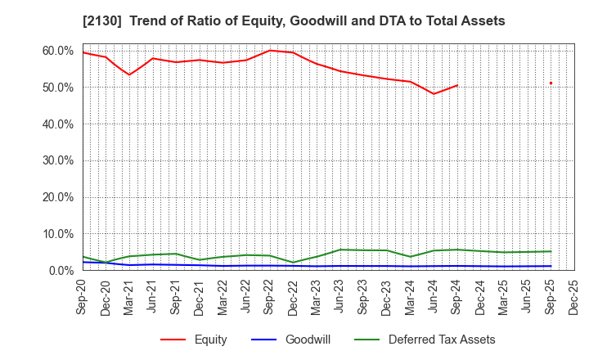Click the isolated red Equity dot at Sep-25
pos(551,83)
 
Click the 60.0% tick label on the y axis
pos(58,51)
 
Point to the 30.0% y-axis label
pos(58,160)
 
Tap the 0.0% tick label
pos(61,271)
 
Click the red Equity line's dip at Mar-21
pos(129,74)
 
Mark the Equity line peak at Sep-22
pos(270,50)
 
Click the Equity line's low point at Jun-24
pos(434,93)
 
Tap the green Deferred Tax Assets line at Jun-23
pos(340,250)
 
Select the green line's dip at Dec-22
pos(294,263)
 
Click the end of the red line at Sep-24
pos(457,85)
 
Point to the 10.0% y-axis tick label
pos(58,234)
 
